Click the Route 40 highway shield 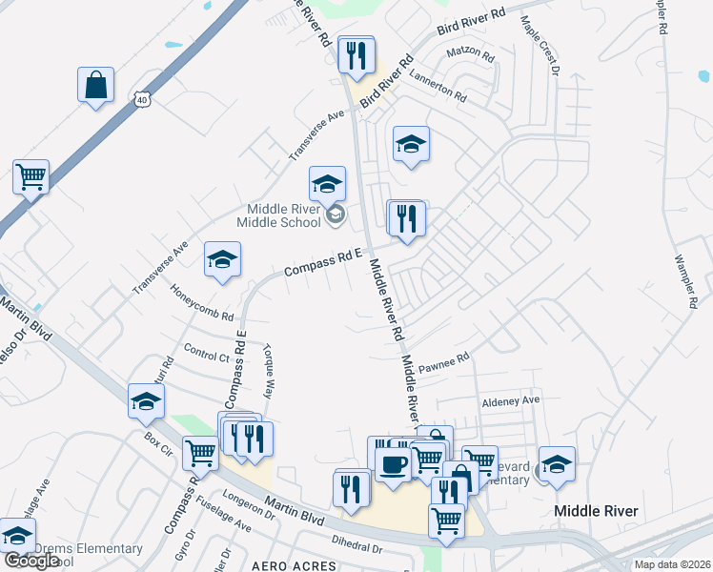pyautogui.click(x=141, y=99)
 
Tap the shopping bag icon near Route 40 pyautogui.click(x=95, y=85)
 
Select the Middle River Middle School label pyautogui.click(x=284, y=216)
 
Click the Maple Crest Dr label pyautogui.click(x=538, y=42)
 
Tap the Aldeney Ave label pyautogui.click(x=510, y=400)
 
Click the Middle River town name pyautogui.click(x=596, y=511)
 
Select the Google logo pyautogui.click(x=31, y=561)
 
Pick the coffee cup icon pyautogui.click(x=393, y=465)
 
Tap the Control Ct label pyautogui.click(x=206, y=355)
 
